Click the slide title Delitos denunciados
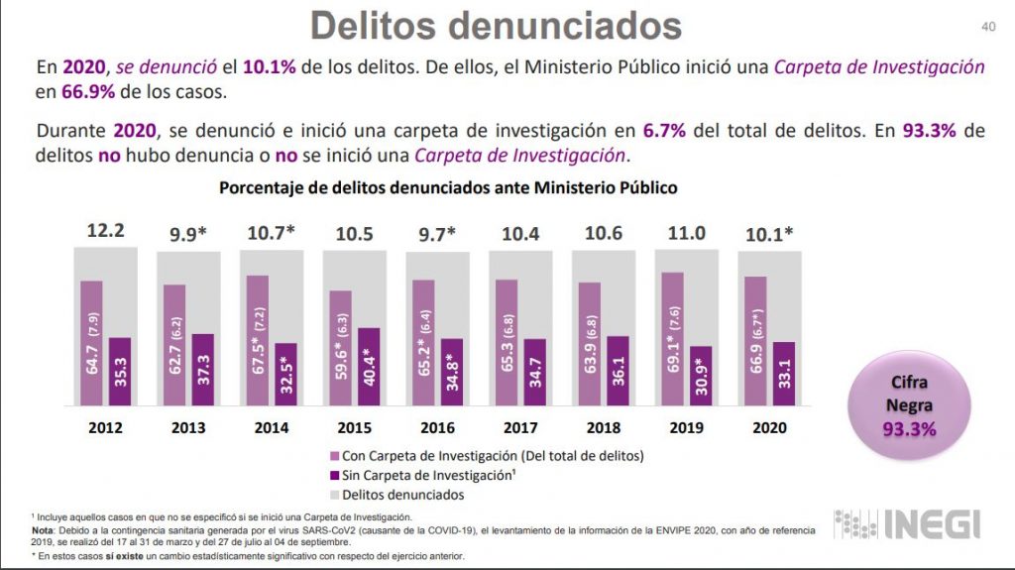point(496,26)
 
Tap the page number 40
point(987,27)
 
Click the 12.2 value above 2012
point(106,231)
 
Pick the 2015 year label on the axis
point(355,428)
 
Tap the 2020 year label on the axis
point(770,428)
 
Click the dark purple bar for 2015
point(368,366)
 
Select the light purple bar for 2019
point(673,338)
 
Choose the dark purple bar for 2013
point(202,369)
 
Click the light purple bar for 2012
point(92,343)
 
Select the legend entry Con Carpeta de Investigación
point(487,457)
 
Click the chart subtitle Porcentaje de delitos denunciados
point(448,186)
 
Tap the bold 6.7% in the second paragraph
point(664,132)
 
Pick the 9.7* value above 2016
point(436,234)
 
